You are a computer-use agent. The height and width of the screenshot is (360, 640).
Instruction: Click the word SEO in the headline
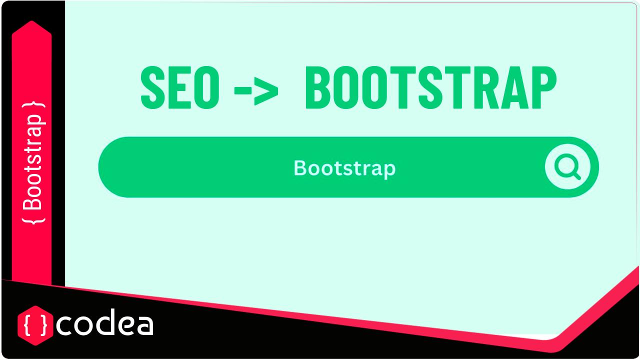(x=180, y=89)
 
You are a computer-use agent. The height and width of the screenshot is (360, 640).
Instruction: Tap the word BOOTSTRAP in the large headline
(x=430, y=89)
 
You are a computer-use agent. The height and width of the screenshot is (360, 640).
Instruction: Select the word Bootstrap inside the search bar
(x=344, y=168)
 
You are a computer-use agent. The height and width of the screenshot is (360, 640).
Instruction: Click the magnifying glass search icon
(x=567, y=167)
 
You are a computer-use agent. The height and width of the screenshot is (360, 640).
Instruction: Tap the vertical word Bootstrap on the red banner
(x=33, y=162)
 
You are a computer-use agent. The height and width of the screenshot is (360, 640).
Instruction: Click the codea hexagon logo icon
(x=35, y=325)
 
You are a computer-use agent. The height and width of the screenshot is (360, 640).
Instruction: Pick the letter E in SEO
(x=179, y=89)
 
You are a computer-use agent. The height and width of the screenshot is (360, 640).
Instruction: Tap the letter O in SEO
(x=206, y=89)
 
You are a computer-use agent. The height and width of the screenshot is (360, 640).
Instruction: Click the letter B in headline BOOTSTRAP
(x=318, y=89)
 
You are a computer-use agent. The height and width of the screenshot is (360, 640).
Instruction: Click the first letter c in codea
(x=64, y=325)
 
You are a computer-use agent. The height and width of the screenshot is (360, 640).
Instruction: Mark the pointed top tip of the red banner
(x=31, y=22)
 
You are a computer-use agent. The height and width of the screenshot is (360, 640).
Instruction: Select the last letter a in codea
(x=144, y=325)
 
